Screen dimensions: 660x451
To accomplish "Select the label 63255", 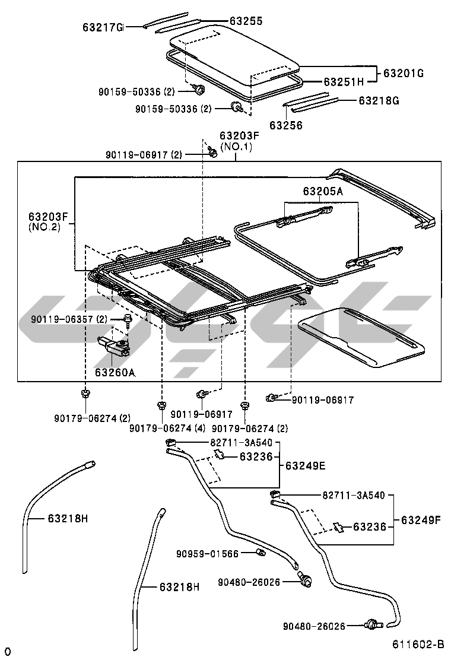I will [x=246, y=21].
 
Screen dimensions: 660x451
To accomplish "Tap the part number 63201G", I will [x=403, y=74].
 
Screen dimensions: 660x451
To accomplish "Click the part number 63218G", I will [x=379, y=100].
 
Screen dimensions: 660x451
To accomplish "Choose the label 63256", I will [x=285, y=125].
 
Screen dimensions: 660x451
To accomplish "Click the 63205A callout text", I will [x=322, y=191].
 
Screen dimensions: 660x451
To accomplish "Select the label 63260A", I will [x=115, y=373].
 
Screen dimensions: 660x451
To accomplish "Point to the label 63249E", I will [x=305, y=465].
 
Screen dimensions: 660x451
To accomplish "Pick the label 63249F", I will [x=421, y=520].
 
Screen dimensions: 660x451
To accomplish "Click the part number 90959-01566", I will [x=207, y=554].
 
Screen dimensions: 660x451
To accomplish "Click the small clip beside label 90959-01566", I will [x=259, y=554].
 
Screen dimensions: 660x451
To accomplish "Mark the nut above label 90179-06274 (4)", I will [x=160, y=406].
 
